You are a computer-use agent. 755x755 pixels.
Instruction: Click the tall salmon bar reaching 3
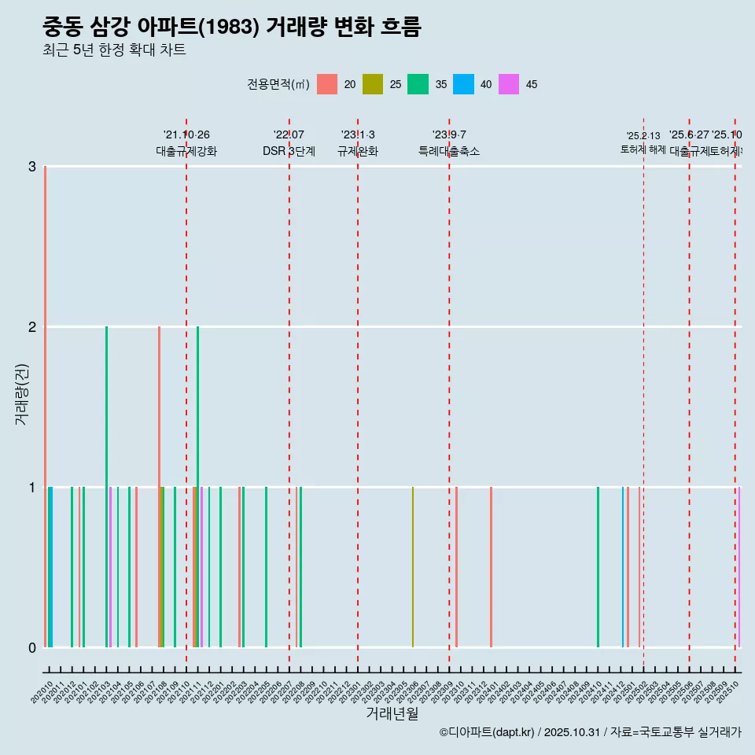(x=46, y=406)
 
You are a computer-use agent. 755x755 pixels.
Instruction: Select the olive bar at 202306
(x=413, y=567)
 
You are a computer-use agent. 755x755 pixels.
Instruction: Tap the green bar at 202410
(x=598, y=567)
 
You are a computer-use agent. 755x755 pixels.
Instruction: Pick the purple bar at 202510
(x=739, y=567)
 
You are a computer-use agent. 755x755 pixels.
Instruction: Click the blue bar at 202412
(x=623, y=567)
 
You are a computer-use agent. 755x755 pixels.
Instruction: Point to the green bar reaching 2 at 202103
(x=107, y=486)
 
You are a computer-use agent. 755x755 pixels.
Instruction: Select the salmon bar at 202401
(x=491, y=567)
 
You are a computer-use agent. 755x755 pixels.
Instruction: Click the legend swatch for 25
(x=373, y=84)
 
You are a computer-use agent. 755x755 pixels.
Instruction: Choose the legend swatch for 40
(x=463, y=84)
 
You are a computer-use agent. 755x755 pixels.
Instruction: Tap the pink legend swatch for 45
(x=509, y=84)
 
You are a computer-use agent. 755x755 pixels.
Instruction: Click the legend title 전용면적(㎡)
(x=278, y=85)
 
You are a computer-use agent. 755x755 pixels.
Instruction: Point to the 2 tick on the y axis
(x=32, y=326)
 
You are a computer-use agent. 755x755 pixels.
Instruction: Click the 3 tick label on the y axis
(x=32, y=166)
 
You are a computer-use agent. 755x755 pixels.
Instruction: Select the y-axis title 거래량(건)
(x=22, y=394)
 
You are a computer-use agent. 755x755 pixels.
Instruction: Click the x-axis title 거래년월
(x=392, y=713)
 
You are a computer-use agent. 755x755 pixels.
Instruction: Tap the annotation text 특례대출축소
(x=449, y=151)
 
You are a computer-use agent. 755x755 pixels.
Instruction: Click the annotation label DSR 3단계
(x=289, y=151)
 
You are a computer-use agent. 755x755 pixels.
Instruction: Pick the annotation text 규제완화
(x=358, y=151)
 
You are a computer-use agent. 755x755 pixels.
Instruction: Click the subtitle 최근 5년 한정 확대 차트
(x=115, y=50)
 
